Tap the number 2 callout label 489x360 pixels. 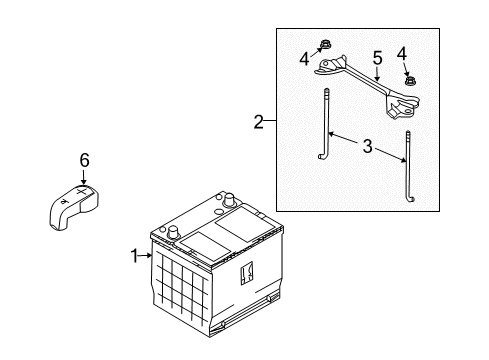259,123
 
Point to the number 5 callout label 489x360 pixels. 376,57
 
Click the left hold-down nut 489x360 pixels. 326,43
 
